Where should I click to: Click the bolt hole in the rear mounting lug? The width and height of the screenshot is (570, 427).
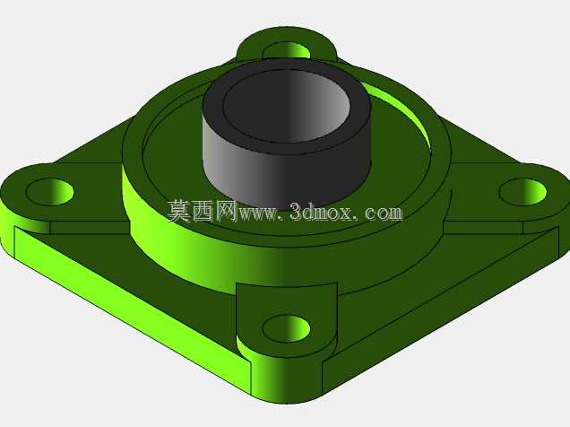point(287,51)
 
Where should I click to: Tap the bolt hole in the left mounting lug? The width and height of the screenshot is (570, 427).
point(50,192)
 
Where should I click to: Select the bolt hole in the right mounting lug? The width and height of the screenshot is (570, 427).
point(522,192)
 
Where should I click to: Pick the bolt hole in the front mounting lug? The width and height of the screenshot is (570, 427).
point(287,328)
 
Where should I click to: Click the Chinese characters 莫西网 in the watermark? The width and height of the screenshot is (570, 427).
point(203,211)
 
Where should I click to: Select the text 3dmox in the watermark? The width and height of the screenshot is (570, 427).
point(321,212)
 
